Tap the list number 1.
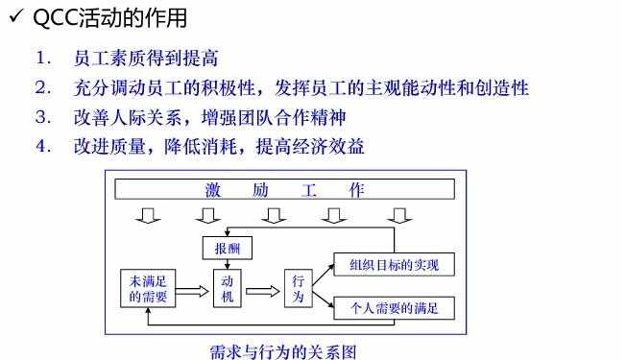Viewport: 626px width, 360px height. (x=42, y=60)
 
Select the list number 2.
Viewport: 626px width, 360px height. (x=42, y=88)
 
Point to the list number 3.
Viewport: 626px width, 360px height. (x=42, y=118)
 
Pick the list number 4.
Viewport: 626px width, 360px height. (x=42, y=147)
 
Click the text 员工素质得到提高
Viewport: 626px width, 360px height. (x=139, y=60)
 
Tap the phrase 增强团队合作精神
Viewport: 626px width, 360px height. (x=277, y=118)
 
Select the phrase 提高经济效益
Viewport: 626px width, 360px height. (x=316, y=147)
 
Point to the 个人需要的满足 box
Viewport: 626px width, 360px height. (x=392, y=308)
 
